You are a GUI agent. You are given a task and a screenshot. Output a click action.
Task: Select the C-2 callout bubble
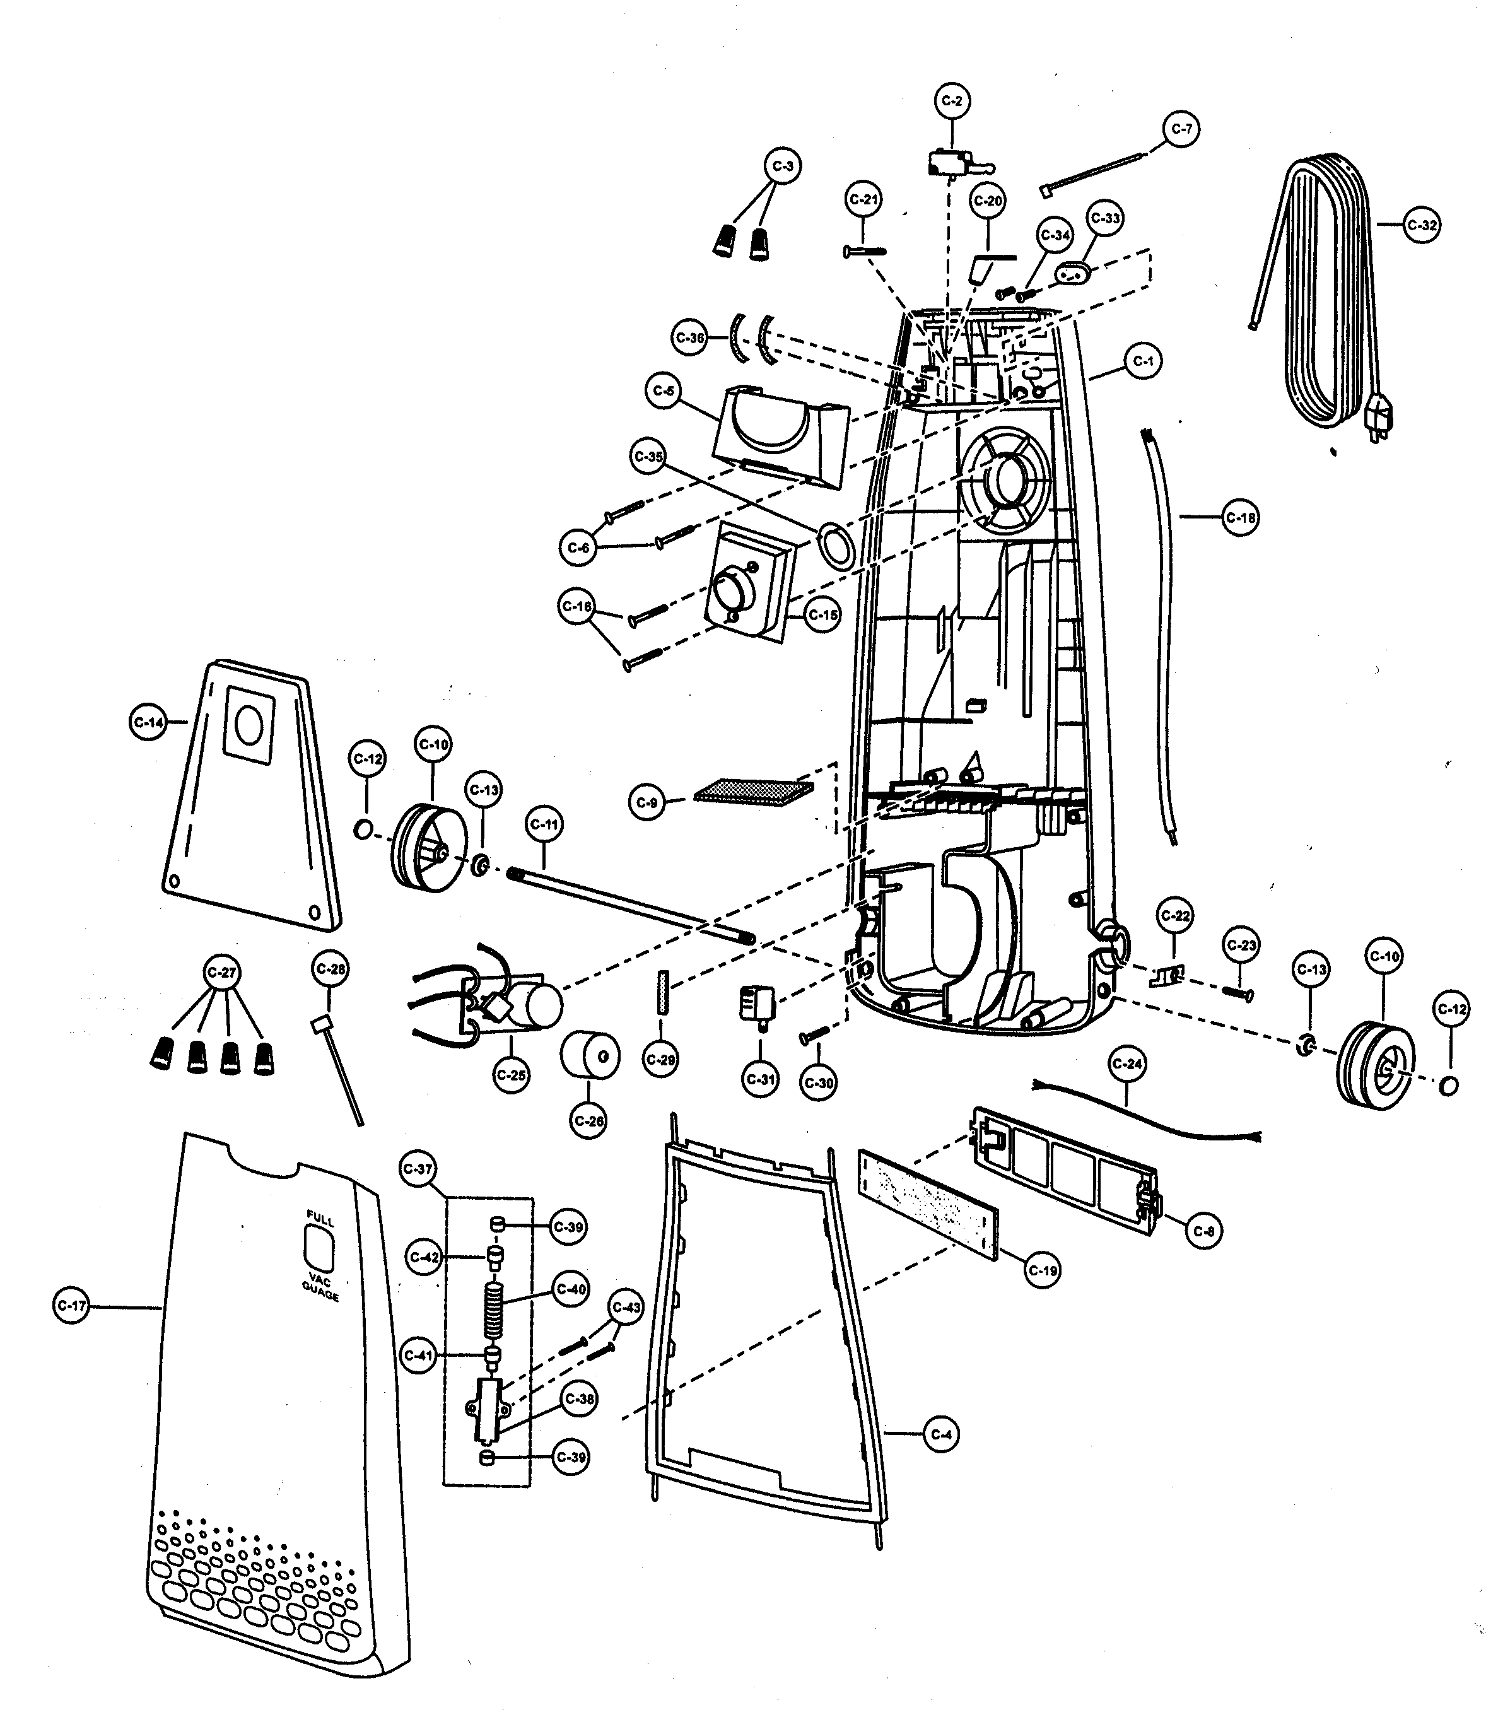coord(952,100)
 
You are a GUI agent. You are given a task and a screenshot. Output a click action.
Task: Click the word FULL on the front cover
coord(320,1219)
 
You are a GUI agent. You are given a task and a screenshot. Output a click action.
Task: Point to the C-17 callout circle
coord(71,1306)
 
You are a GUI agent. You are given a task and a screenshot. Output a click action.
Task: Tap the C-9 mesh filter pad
coord(754,790)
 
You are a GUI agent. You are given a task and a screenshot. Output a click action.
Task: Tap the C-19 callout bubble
coord(1042,1270)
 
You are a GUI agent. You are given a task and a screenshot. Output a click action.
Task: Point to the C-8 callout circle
coord(1203,1231)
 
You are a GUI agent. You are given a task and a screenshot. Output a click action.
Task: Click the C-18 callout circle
coord(1241,518)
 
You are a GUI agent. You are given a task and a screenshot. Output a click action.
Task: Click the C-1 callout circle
coord(1144,361)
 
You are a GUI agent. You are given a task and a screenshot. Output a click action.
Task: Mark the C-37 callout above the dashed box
coord(417,1169)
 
